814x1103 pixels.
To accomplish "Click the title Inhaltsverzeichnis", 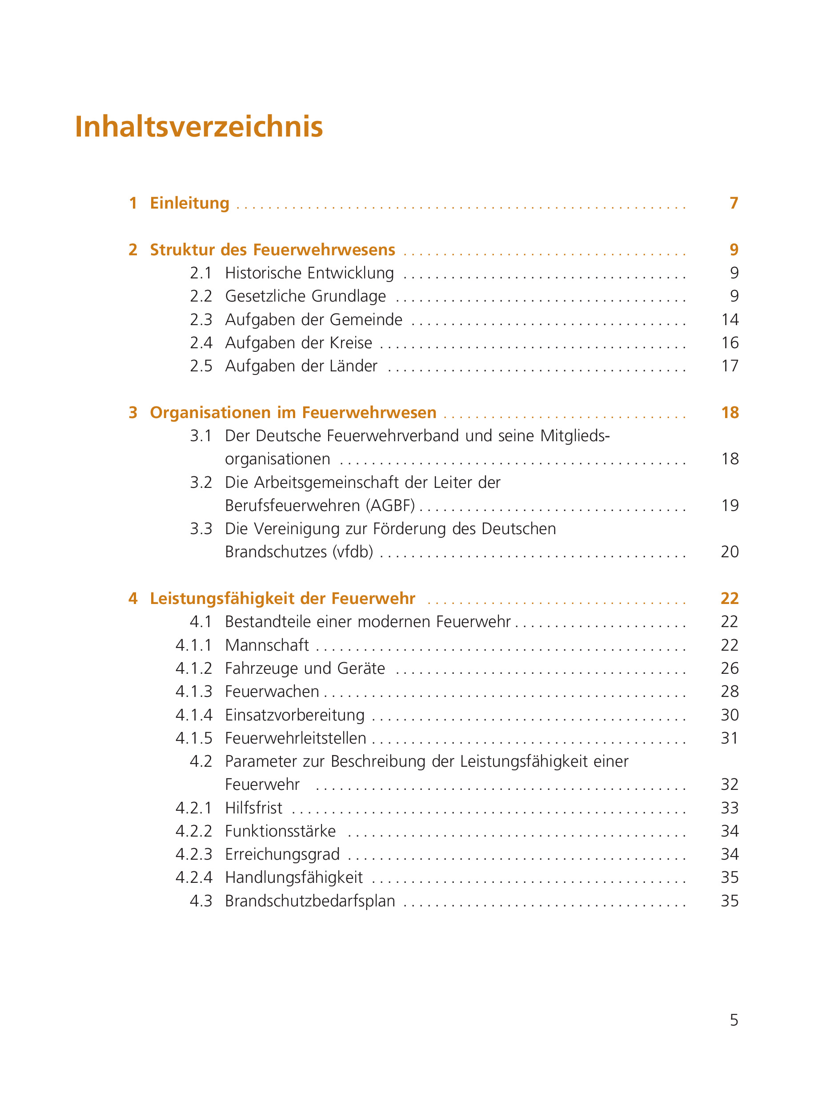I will pyautogui.click(x=199, y=127).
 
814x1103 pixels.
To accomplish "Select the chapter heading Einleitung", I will pyautogui.click(x=189, y=203).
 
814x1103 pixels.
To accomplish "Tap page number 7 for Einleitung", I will pyautogui.click(x=734, y=203).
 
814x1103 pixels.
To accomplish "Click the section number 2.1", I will pyautogui.click(x=200, y=273).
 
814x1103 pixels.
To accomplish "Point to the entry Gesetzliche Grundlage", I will pyautogui.click(x=305, y=296).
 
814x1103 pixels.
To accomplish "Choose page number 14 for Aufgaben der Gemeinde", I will pyautogui.click(x=730, y=320).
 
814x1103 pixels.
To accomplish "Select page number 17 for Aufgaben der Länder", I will pyautogui.click(x=730, y=366).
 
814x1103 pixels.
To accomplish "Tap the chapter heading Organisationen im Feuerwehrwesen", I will pyautogui.click(x=293, y=413).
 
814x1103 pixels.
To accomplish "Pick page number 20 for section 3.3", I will pyautogui.click(x=730, y=552).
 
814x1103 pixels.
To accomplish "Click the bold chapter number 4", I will pyautogui.click(x=133, y=598).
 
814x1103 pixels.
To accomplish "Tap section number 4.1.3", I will pyautogui.click(x=194, y=692).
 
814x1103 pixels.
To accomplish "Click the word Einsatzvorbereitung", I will pyautogui.click(x=295, y=715).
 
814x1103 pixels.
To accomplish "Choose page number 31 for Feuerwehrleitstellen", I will pyautogui.click(x=730, y=738).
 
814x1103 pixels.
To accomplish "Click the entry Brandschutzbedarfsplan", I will pyautogui.click(x=310, y=901).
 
